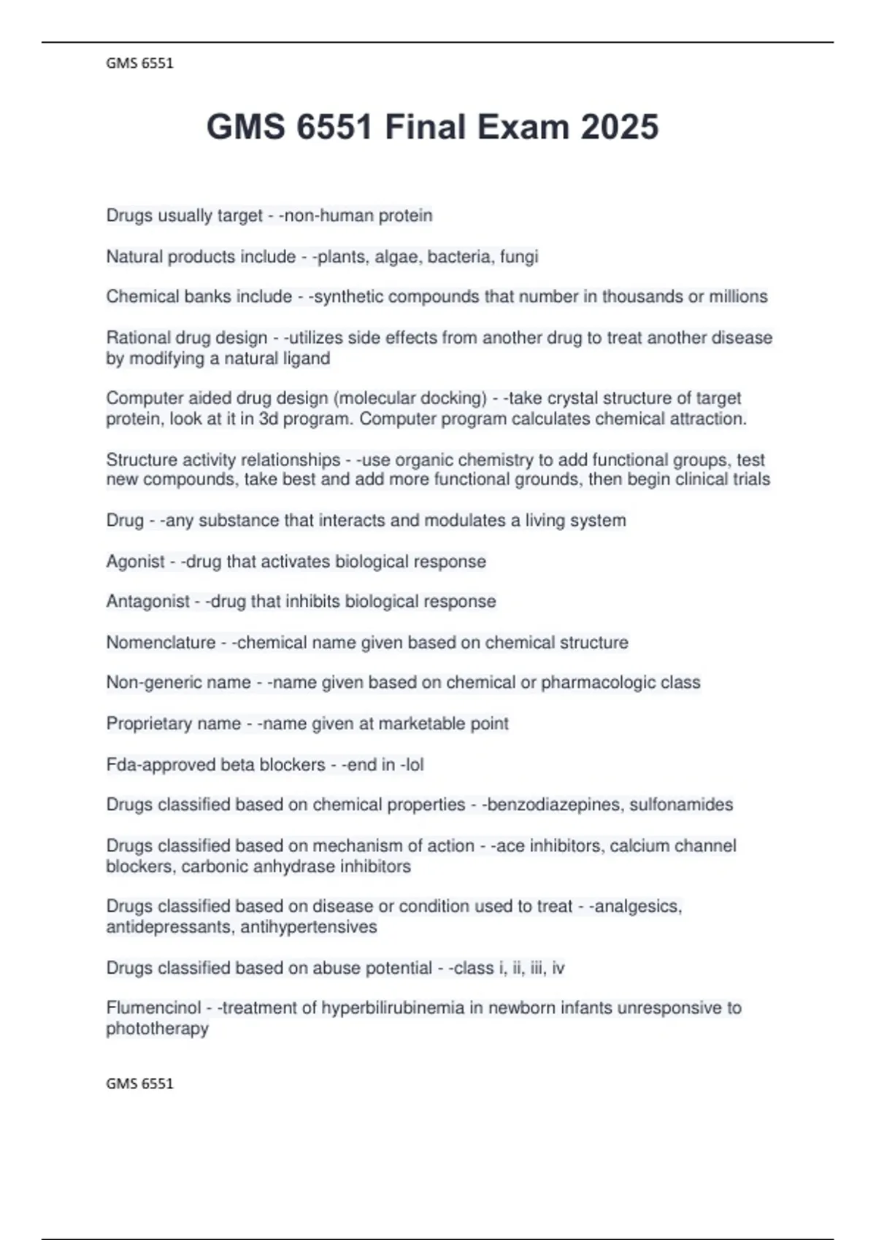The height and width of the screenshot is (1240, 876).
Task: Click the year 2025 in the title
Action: [x=620, y=127]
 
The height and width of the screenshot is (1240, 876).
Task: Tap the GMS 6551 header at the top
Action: [x=139, y=63]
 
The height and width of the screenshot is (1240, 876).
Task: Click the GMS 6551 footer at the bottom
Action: [x=139, y=1083]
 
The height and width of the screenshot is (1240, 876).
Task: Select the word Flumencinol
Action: [x=153, y=1007]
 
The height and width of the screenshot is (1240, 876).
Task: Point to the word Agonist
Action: [x=136, y=561]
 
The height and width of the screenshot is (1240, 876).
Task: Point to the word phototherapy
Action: [x=158, y=1028]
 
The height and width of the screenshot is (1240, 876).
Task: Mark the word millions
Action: [x=739, y=296]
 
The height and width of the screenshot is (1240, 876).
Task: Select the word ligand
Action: [x=306, y=358]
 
